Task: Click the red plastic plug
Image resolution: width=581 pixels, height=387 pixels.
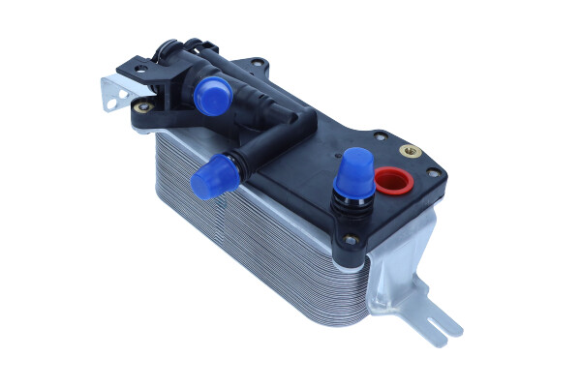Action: point(391,180)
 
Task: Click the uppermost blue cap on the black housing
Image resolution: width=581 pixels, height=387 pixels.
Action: point(211,95)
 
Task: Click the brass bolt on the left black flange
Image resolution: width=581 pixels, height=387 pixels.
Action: point(143,106)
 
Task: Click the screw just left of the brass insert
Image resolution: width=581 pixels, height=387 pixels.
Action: point(380,136)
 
